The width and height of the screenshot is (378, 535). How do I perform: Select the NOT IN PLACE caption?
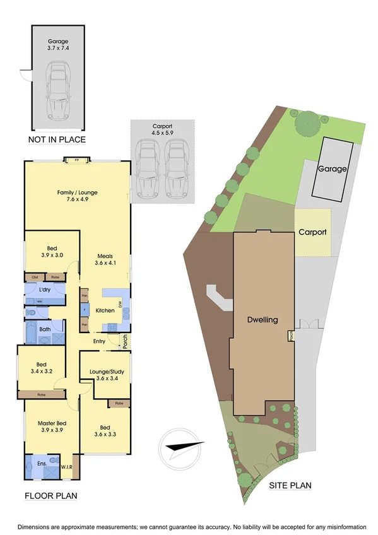(x=57, y=139)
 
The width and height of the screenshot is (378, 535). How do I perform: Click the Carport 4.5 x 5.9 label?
(x=162, y=130)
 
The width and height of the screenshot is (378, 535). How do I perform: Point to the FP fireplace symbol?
(x=77, y=160)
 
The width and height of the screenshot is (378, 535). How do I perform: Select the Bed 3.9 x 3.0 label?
(x=52, y=252)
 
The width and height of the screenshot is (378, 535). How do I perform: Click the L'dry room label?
(x=45, y=289)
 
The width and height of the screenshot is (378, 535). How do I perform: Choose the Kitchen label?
(x=104, y=310)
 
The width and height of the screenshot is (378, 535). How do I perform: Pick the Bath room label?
(x=45, y=329)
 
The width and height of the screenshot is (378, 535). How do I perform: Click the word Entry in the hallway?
(x=99, y=341)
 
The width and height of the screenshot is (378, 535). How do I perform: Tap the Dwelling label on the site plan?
(x=263, y=320)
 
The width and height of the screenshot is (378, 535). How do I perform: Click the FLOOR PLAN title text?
(x=51, y=496)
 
